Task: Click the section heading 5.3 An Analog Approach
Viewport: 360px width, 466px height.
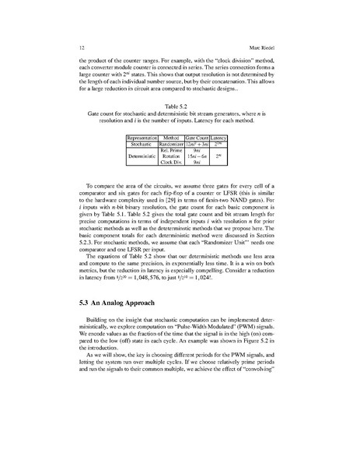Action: coord(128,300)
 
